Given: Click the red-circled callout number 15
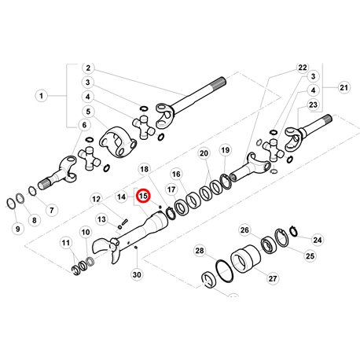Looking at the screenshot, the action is [x=144, y=196].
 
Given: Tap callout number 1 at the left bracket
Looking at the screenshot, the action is [x=41, y=96].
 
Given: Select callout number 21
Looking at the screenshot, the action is [x=343, y=87].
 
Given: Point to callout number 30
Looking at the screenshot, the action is [x=137, y=274].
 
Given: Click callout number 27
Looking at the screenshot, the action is [x=273, y=278].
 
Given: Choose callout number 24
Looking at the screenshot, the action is [x=318, y=240].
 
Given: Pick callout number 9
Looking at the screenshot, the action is [x=17, y=229].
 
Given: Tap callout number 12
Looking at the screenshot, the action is [x=96, y=199].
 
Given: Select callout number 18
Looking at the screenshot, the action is [x=144, y=169].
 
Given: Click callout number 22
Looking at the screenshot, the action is [x=303, y=68].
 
